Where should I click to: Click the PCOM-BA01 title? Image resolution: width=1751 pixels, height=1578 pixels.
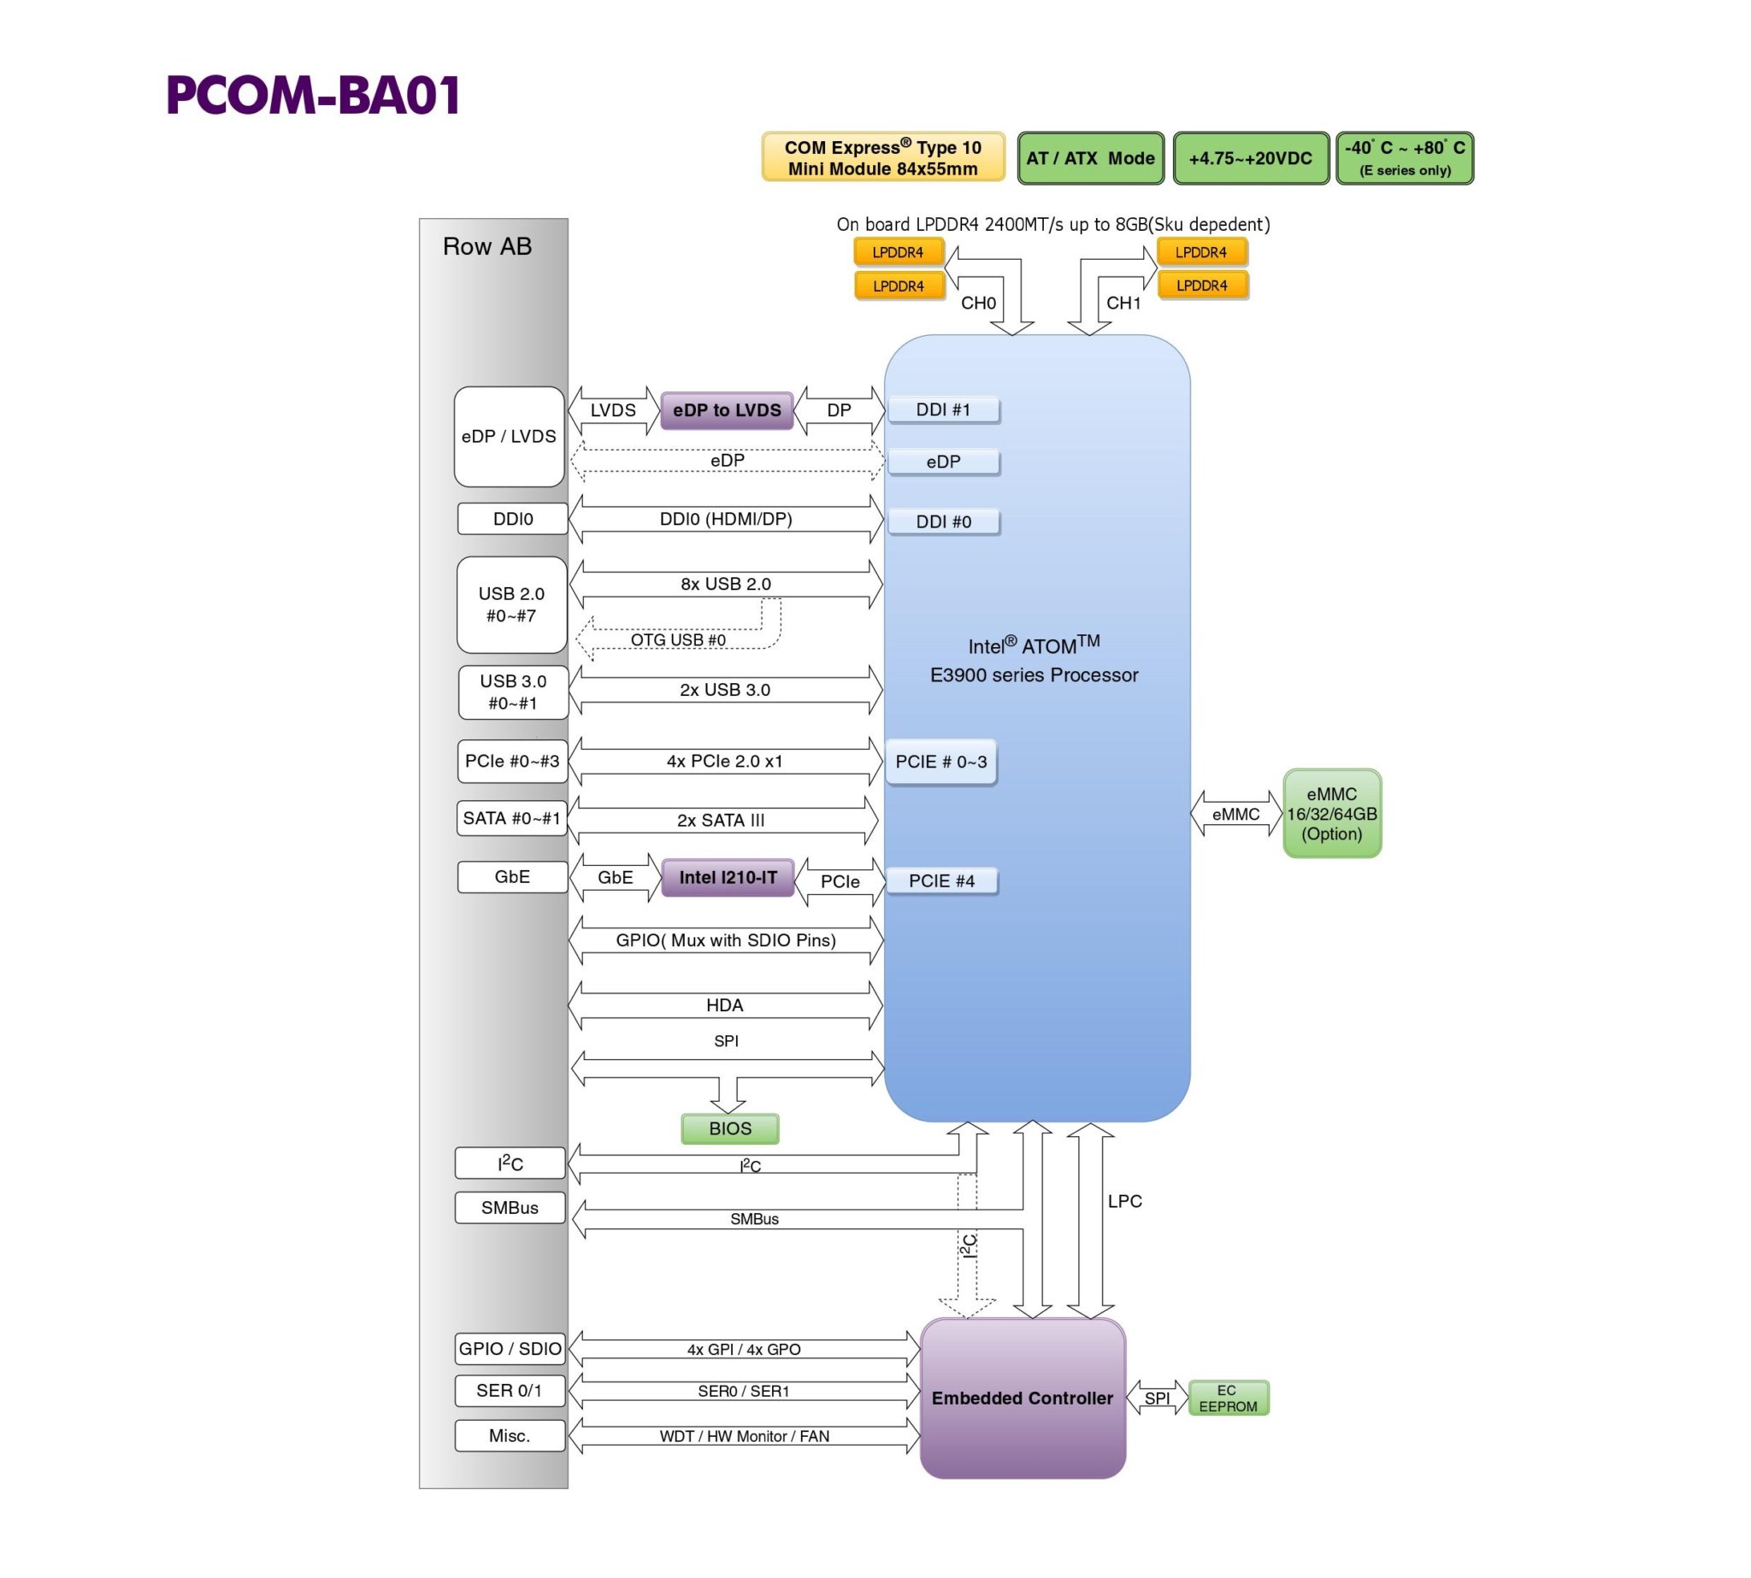click(x=312, y=96)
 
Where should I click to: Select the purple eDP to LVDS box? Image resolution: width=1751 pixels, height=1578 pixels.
click(x=726, y=410)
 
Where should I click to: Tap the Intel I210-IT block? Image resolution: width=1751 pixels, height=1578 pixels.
click(x=727, y=877)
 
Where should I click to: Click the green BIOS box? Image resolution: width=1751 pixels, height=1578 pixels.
click(x=729, y=1128)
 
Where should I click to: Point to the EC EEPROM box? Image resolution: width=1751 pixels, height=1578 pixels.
click(x=1227, y=1398)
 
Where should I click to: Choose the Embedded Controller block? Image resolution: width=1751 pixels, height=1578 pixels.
click(x=1022, y=1398)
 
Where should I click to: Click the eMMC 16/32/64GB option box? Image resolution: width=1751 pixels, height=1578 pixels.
click(x=1331, y=813)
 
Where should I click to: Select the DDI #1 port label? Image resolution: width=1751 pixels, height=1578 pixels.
click(x=943, y=409)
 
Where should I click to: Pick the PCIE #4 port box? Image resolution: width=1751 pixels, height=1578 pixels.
click(x=941, y=881)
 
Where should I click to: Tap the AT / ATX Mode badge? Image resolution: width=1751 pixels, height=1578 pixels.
click(x=1089, y=158)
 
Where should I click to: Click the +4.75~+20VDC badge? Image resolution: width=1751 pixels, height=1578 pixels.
click(x=1250, y=158)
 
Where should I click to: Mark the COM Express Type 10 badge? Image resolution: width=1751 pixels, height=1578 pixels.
click(x=882, y=158)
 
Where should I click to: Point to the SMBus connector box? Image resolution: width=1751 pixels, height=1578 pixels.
click(x=510, y=1208)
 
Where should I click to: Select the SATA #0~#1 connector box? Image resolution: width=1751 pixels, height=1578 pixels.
click(x=511, y=818)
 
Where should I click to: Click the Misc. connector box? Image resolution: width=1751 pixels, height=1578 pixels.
click(x=510, y=1436)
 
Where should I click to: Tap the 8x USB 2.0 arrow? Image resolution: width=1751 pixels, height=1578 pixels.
click(x=725, y=585)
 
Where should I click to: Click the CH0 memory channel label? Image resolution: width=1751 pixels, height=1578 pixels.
click(x=977, y=303)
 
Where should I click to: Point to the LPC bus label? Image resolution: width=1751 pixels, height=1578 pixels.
click(x=1124, y=1202)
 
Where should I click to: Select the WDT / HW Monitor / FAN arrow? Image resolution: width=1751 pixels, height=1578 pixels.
click(x=743, y=1437)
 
